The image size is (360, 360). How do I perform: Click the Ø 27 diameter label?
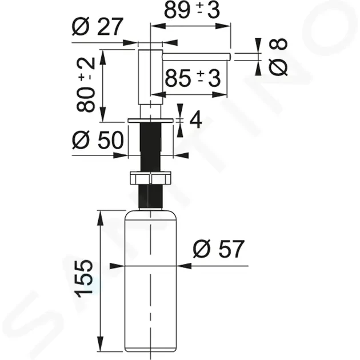pos(98,27)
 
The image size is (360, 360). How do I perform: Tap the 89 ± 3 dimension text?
pos(192,11)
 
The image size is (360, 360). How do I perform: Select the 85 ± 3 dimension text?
pos(193,78)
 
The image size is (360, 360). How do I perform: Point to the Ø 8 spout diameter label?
pos(278,57)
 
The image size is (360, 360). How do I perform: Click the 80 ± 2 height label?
pos(86,85)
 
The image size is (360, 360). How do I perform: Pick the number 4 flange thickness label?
pos(195,120)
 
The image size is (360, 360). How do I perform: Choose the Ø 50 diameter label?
pos(98,140)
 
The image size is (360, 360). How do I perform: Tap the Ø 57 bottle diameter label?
pos(219,249)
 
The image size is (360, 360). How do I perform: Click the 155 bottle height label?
pos(84,278)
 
